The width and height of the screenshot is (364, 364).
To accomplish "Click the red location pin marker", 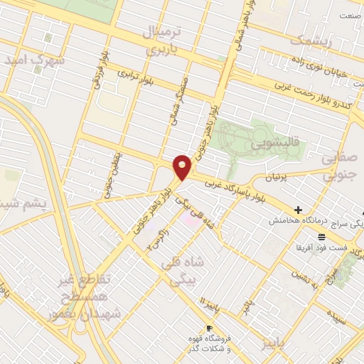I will click(183, 167).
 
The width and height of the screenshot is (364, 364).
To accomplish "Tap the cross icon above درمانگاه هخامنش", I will click(297, 210).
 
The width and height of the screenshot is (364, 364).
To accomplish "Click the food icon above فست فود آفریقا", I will click(322, 236).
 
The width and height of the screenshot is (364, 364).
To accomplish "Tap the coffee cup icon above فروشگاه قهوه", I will click(209, 328).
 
